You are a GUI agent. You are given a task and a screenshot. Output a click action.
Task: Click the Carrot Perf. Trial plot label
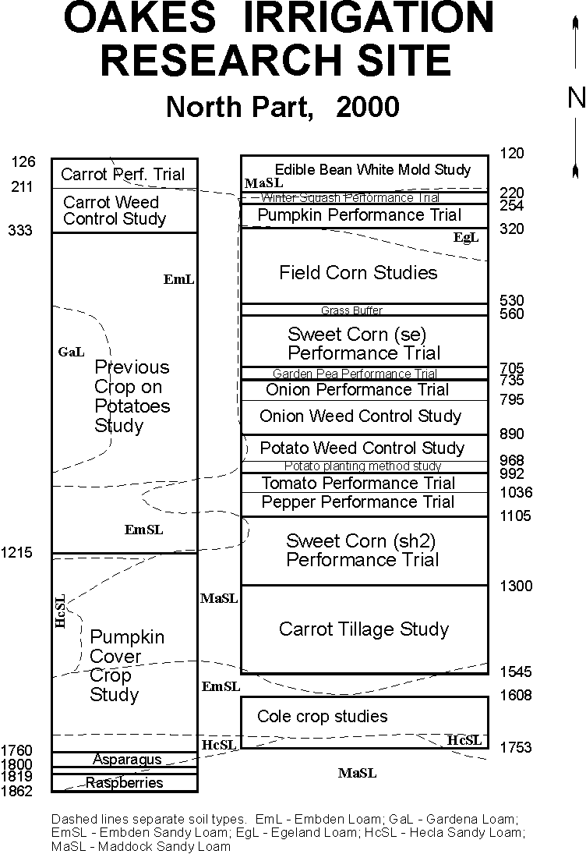[x=123, y=174]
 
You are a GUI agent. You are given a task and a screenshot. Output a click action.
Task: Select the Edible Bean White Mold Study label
[x=372, y=169]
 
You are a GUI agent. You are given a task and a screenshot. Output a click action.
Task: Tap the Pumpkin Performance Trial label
[x=359, y=214]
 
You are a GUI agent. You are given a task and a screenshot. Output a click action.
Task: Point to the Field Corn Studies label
[x=358, y=272]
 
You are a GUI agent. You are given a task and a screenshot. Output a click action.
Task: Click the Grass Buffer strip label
[x=351, y=310]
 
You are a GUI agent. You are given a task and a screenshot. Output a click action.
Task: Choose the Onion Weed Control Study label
[x=360, y=416]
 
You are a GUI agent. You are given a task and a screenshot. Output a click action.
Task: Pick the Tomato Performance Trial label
[x=358, y=483]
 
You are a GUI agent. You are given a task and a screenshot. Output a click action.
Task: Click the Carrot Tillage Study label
[x=363, y=629]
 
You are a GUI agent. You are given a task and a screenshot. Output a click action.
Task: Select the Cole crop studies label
[x=322, y=716]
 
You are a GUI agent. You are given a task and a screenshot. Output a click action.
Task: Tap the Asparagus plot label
[x=127, y=759]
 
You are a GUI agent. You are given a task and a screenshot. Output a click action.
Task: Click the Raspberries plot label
[x=124, y=782]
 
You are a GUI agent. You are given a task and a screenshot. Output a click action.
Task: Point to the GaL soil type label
[x=71, y=352]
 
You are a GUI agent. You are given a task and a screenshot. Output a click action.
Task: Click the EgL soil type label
[x=466, y=237]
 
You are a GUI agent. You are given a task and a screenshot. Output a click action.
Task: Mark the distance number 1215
[x=17, y=553]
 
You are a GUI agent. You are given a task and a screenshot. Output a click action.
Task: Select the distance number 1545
[x=516, y=672]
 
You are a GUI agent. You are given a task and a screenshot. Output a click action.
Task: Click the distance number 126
[x=23, y=161]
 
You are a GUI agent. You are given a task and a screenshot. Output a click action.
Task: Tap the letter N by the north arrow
[x=576, y=97]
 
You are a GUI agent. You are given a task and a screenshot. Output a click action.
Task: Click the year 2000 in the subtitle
[x=368, y=107]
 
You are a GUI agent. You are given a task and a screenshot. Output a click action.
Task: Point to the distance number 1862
[x=17, y=791]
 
